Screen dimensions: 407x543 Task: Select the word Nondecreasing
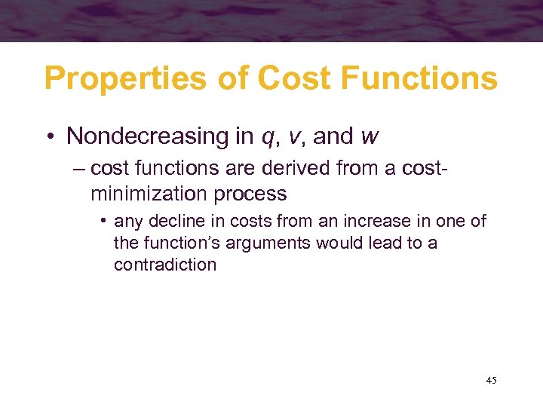click(143, 136)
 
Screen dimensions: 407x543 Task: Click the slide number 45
click(491, 381)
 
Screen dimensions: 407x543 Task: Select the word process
click(250, 194)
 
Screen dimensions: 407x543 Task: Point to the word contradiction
click(165, 265)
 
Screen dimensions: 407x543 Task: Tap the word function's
click(176, 243)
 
